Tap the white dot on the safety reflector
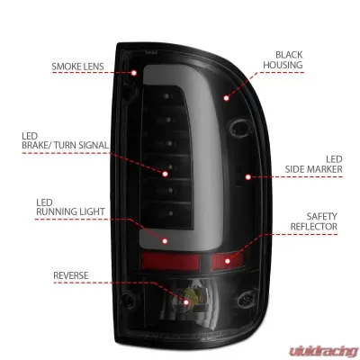click(228, 262)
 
